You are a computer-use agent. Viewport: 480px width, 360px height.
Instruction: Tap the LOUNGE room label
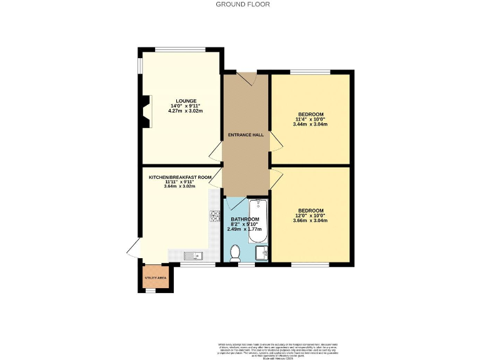click(x=186, y=101)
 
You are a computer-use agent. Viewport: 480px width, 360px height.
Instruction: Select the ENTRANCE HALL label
click(x=246, y=134)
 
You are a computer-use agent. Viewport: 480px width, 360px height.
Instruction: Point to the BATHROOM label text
click(x=244, y=219)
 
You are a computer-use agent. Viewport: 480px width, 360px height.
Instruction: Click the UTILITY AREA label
click(x=154, y=277)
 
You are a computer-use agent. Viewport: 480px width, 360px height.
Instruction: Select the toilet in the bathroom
click(x=236, y=252)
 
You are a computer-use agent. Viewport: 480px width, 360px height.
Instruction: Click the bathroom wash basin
click(x=261, y=252)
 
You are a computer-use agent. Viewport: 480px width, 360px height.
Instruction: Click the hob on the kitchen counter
click(x=215, y=216)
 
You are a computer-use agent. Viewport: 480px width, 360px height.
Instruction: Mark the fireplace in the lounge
click(x=146, y=112)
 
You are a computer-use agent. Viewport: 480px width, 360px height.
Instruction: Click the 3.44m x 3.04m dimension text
click(x=310, y=124)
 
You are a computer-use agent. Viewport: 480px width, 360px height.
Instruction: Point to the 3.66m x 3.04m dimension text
click(x=310, y=221)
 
